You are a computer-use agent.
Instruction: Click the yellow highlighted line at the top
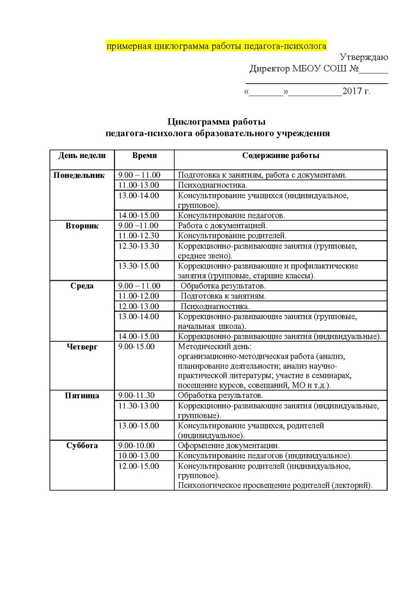(x=216, y=47)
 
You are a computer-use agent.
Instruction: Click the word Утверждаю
(x=364, y=58)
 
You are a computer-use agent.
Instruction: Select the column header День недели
(x=82, y=156)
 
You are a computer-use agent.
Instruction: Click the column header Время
(x=144, y=156)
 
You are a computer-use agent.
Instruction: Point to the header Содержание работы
(x=280, y=156)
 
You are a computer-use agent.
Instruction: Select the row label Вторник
(x=82, y=226)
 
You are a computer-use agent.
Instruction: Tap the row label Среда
(x=82, y=286)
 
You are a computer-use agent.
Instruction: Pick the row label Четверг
(x=82, y=347)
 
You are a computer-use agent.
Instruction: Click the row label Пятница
(x=82, y=395)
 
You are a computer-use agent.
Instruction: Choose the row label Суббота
(x=82, y=446)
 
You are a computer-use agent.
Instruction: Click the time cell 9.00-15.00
(x=137, y=347)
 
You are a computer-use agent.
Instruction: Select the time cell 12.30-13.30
(x=139, y=246)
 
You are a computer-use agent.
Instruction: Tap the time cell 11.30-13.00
(x=139, y=406)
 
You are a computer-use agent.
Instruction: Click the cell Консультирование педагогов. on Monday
(x=232, y=215)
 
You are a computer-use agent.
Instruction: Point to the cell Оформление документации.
(x=229, y=446)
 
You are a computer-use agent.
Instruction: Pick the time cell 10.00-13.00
(x=139, y=456)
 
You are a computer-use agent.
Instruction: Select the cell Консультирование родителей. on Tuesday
(x=232, y=236)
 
